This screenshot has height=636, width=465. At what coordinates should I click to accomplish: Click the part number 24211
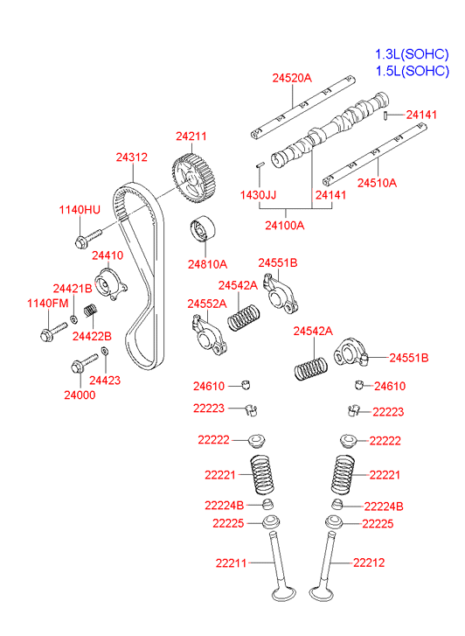pos(191,136)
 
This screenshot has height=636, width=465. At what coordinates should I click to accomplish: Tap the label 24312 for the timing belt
pos(132,157)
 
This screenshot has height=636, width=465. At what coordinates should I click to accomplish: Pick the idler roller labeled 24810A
pos(203,229)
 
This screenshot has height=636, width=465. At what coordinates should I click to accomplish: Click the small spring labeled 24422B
pos(91,311)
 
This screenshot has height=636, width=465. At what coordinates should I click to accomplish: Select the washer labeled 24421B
pos(74,318)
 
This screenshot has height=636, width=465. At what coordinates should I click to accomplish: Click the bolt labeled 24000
pos(84,363)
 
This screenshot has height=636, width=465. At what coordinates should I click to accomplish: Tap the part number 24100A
pos(285,225)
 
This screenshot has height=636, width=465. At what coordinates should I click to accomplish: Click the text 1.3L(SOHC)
pos(412,54)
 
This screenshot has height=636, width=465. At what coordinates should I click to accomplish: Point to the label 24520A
pos(292,78)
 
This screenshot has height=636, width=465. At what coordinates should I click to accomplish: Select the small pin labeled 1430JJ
pos(260,164)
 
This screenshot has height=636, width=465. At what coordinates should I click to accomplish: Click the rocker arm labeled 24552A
pos(209,335)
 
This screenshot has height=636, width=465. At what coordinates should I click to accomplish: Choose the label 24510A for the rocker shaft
pos(377,183)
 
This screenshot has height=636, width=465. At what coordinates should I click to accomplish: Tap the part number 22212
pos(369,563)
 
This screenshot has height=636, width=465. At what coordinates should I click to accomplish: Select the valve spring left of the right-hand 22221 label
pos(343,475)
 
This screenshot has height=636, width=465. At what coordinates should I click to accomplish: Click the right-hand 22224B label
pos(384,507)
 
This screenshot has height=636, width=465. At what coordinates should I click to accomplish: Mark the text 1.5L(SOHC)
pos(413,71)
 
